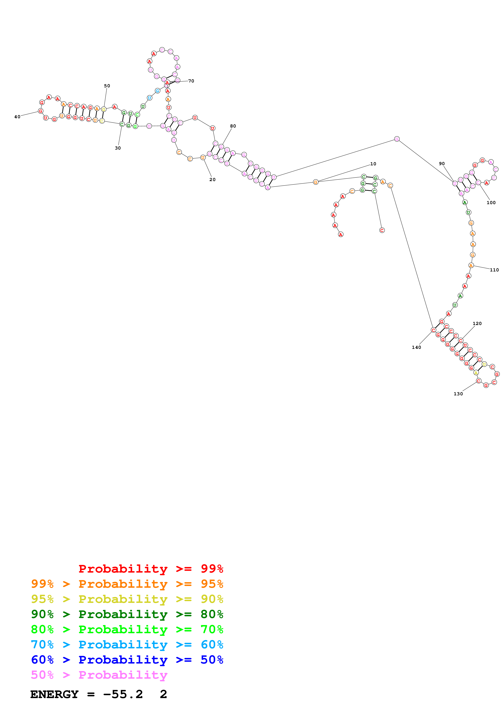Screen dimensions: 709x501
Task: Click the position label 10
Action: click(x=373, y=164)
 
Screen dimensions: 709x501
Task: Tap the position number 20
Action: click(x=212, y=179)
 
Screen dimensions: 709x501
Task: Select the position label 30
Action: click(x=118, y=148)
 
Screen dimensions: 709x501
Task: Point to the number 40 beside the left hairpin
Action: click(x=17, y=117)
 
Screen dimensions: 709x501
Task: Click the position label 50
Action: click(x=107, y=86)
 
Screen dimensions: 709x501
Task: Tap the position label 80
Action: click(x=233, y=126)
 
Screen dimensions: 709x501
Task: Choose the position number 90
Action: click(x=442, y=164)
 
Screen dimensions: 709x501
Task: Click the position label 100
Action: click(x=491, y=203)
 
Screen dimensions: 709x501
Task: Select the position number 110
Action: click(x=494, y=270)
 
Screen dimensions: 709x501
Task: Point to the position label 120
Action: click(x=477, y=323)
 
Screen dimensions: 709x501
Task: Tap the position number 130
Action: click(x=458, y=394)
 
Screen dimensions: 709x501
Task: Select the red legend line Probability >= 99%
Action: click(x=151, y=569)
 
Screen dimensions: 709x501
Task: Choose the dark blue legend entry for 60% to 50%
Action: click(x=127, y=660)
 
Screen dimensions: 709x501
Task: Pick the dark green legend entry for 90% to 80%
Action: click(x=127, y=614)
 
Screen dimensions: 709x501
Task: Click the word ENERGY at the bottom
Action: click(x=54, y=694)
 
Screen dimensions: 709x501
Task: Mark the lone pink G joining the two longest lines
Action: click(x=397, y=139)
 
